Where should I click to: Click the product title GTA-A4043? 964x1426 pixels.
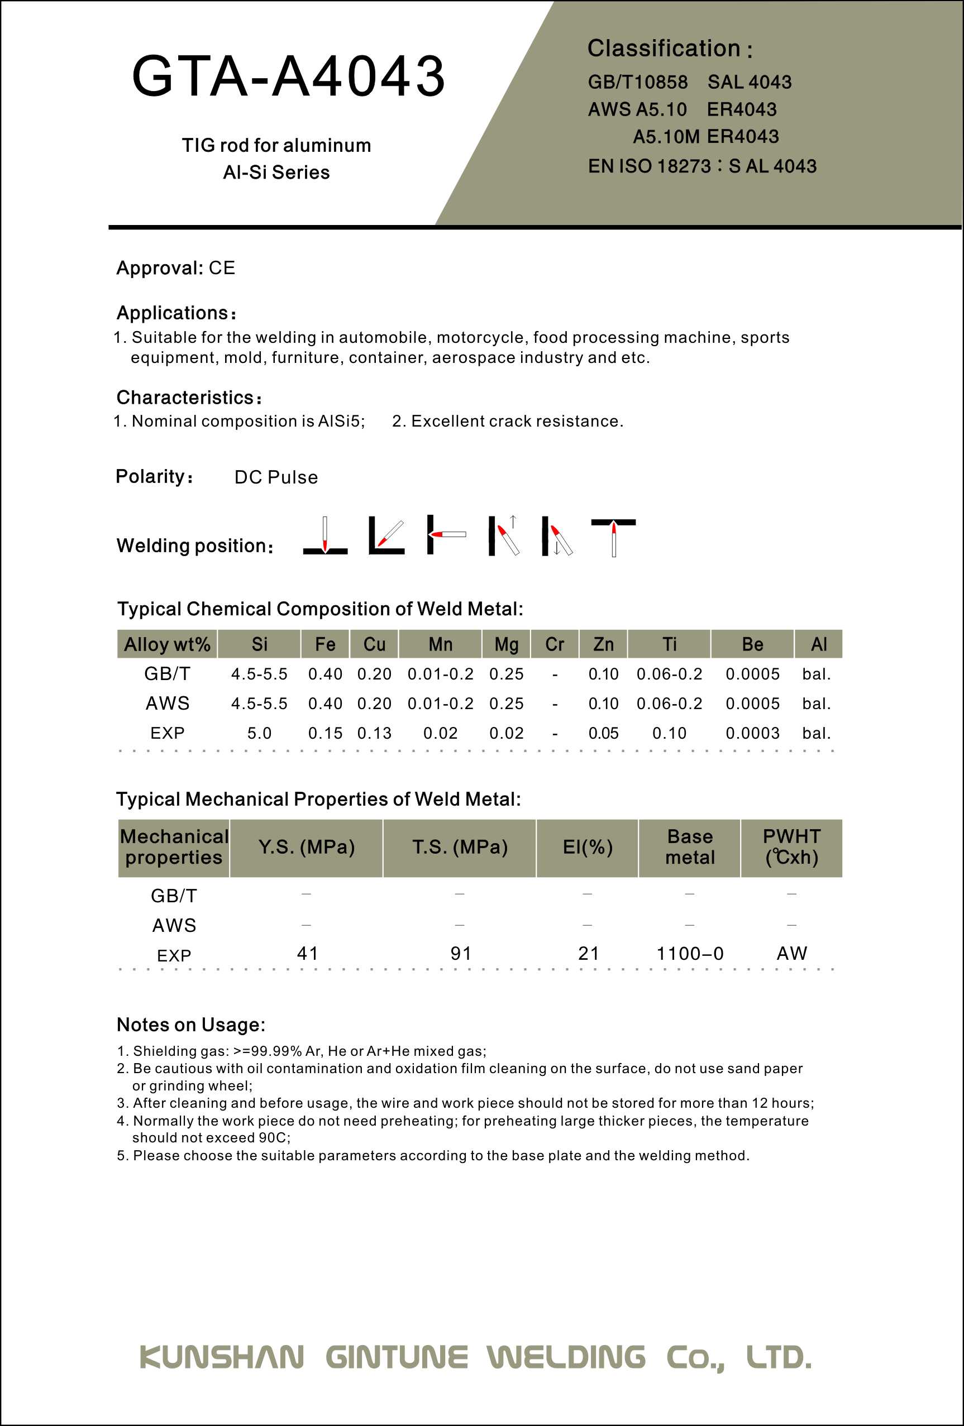coord(288,76)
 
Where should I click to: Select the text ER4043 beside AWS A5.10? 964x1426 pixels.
coord(741,109)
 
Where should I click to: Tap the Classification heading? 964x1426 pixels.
coord(670,49)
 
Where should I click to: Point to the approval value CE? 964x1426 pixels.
coord(222,268)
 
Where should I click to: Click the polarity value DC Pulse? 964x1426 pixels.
coord(276,477)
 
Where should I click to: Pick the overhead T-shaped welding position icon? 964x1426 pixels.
coord(613,537)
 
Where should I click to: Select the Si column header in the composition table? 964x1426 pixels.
coord(259,644)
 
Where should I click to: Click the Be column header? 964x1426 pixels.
coord(752,644)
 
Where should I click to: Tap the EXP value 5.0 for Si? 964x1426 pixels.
coord(259,733)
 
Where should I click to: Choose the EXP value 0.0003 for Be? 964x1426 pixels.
coord(752,733)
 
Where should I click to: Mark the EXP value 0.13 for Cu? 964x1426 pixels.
coord(374,733)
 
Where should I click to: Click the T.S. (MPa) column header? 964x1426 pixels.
coord(460,848)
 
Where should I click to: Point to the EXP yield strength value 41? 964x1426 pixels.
coord(307,954)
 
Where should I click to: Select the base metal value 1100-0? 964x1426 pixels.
coord(690,954)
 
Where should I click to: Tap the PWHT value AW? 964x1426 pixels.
coord(791,954)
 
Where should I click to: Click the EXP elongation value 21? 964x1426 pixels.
coord(588,954)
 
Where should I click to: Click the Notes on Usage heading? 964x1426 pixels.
coord(191,1025)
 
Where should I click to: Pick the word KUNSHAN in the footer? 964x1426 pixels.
coord(222,1357)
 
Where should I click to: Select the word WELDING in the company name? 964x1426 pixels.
coord(566,1357)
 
